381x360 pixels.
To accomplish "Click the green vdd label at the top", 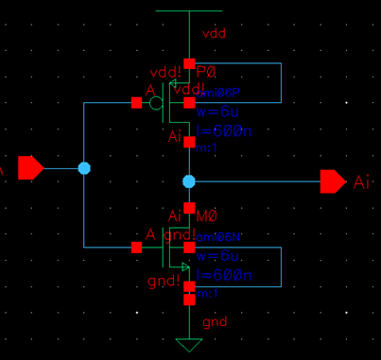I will [x=215, y=33].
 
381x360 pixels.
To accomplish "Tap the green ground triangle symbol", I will [x=189, y=344].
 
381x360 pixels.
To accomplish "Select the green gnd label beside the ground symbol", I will [x=215, y=323].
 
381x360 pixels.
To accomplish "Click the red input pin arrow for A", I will [x=30, y=168].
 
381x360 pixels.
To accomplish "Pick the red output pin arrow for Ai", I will [x=333, y=180].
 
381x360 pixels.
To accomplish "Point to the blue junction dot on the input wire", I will [x=84, y=168].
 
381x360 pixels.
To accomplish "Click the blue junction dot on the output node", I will [x=189, y=180].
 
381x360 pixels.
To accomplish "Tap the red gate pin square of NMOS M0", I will [x=137, y=248].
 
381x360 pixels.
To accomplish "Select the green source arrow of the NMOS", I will [x=186, y=267].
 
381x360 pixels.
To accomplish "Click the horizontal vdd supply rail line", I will [x=189, y=11].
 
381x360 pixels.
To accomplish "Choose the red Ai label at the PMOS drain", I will [x=175, y=138].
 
